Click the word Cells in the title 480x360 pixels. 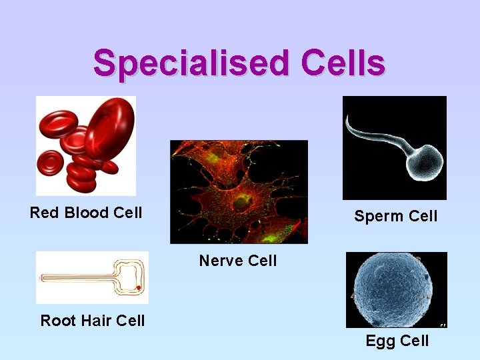[343, 63]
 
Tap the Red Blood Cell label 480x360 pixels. [86, 213]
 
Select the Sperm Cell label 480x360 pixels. [395, 216]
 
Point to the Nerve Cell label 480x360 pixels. [237, 261]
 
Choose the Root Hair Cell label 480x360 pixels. [93, 321]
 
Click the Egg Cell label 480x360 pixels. [397, 341]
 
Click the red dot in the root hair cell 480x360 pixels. [138, 288]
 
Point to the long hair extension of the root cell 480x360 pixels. [77, 277]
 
